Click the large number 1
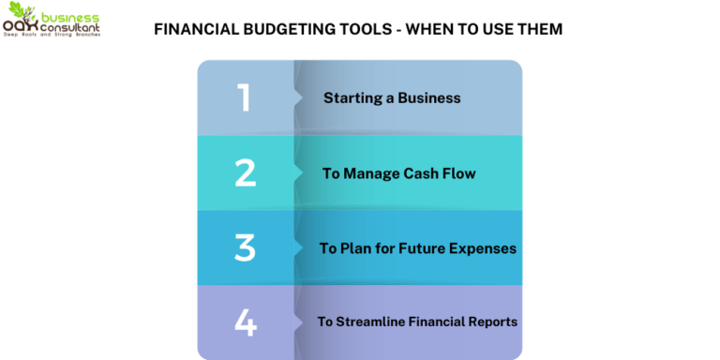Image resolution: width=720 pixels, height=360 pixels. point(244,97)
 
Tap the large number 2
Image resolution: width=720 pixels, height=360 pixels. point(245,172)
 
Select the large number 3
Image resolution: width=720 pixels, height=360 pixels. point(245,247)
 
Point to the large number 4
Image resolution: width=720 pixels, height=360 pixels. point(245,322)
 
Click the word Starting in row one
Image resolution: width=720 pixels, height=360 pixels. point(352,97)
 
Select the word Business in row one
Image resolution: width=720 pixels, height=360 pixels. point(428,97)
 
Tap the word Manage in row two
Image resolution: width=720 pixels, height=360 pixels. point(371,173)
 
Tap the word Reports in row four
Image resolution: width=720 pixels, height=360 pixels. point(491,322)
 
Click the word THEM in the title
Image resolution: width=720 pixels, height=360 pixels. point(541,29)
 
